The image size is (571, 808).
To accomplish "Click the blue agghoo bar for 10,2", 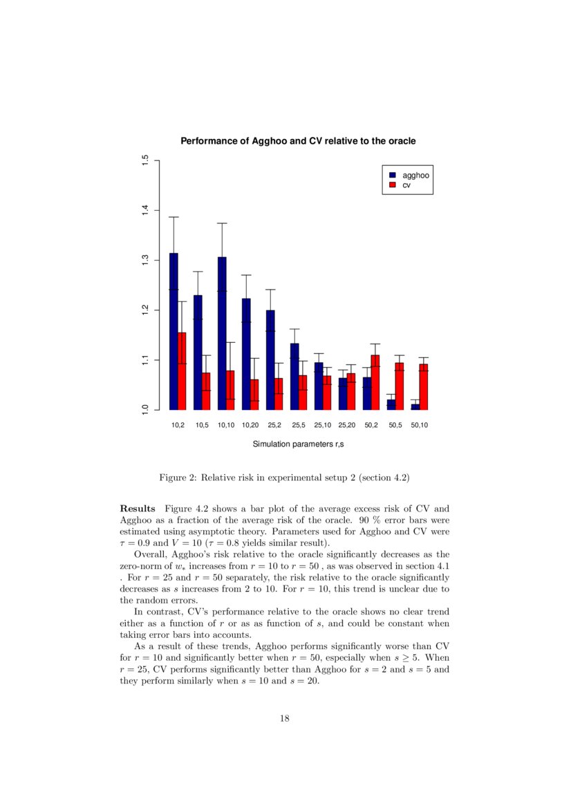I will pyautogui.click(x=174, y=332).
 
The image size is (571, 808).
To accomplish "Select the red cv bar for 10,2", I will pyautogui.click(x=182, y=371).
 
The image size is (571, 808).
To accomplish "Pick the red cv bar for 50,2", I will pyautogui.click(x=375, y=382).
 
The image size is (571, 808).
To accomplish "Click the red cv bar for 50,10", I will pyautogui.click(x=424, y=387).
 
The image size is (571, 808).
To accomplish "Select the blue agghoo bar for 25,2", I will pyautogui.click(x=270, y=360).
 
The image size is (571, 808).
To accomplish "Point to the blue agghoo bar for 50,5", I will pyautogui.click(x=391, y=404).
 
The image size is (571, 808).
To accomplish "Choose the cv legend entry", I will pyautogui.click(x=407, y=185).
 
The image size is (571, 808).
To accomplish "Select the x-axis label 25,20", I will pyautogui.click(x=346, y=425).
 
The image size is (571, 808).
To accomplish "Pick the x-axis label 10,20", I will pyautogui.click(x=250, y=425).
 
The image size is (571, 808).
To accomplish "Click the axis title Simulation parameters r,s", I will pyautogui.click(x=298, y=444).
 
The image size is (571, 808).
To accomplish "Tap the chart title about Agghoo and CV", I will pyautogui.click(x=298, y=141).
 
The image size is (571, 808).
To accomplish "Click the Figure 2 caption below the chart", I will pyautogui.click(x=285, y=478).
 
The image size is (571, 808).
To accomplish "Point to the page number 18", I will pyautogui.click(x=285, y=719).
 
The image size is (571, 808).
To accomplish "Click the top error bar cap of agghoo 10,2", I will pyautogui.click(x=174, y=217).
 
